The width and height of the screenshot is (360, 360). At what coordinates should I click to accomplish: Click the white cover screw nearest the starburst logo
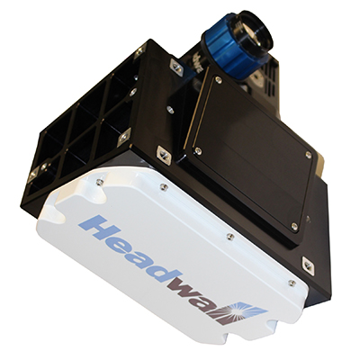(292, 283)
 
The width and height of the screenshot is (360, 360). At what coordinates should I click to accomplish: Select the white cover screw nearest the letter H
(99, 182)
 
